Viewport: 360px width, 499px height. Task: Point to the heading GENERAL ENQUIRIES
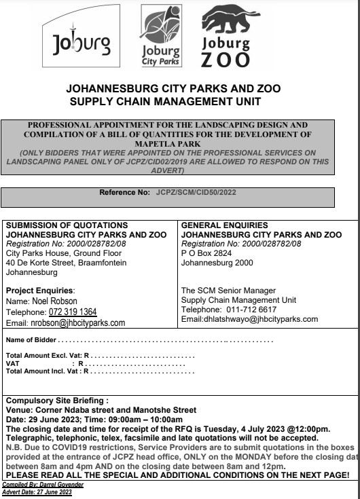[224, 225]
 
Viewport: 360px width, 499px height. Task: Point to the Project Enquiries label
[39, 290]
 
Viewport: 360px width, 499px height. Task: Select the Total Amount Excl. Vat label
[44, 355]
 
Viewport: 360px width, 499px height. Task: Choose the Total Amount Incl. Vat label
[44, 371]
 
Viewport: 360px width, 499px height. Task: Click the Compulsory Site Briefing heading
[56, 401]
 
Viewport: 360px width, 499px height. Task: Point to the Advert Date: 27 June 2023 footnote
[37, 494]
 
